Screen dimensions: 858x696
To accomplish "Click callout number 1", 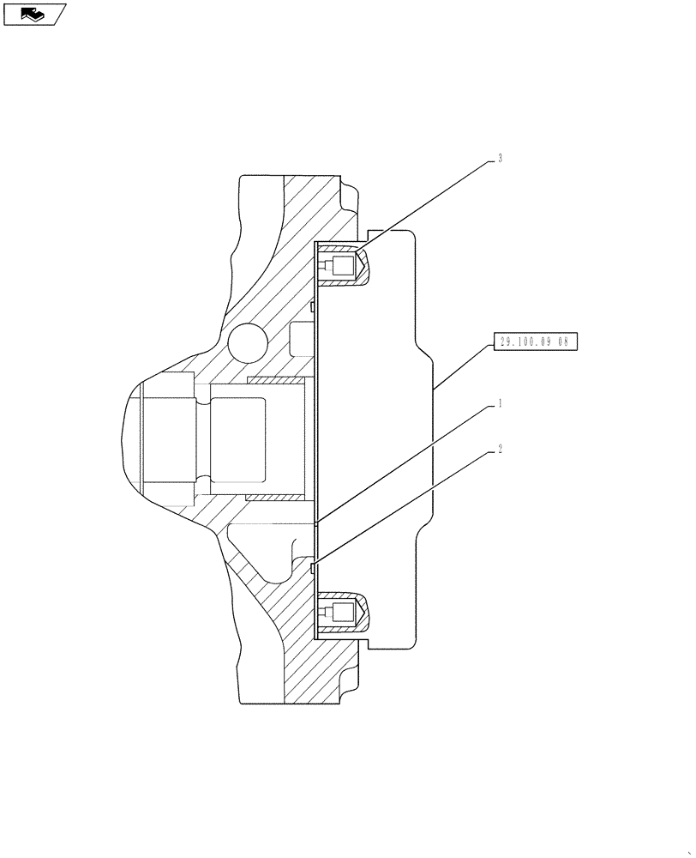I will click(499, 403).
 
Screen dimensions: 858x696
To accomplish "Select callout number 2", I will click(499, 448).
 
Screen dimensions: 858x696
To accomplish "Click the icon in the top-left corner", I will click(34, 14).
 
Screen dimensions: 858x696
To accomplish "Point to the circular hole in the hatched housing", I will click(249, 343).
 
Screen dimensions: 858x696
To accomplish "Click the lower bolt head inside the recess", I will click(342, 613).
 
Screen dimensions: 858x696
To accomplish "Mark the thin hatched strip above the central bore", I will click(276, 378).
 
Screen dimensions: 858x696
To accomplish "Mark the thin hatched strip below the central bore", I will click(276, 496).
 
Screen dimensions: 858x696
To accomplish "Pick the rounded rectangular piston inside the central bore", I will click(255, 438).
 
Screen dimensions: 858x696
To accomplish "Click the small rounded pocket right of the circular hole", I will click(302, 339).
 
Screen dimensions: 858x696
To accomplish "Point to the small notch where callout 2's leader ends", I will click(315, 566).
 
